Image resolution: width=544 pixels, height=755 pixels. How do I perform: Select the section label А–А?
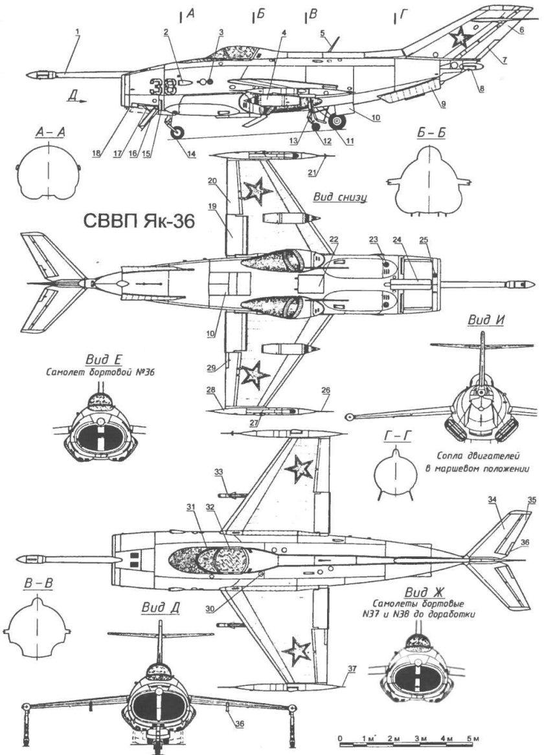(x=48, y=134)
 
